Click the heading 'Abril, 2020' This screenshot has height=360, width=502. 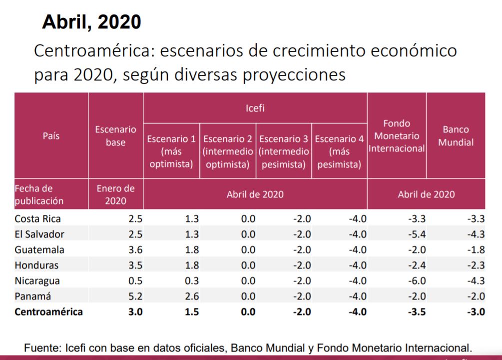tap(91, 21)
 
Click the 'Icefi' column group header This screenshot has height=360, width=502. tap(255, 107)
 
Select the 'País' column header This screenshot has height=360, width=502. tap(51, 135)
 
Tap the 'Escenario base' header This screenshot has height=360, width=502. tap(115, 135)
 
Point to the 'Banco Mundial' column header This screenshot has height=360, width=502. tap(456, 135)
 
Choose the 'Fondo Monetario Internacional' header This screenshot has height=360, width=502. tap(397, 135)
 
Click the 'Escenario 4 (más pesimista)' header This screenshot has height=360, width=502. tap(339, 151)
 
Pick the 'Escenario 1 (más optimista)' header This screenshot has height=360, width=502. tap(171, 151)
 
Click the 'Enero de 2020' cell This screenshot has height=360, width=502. tap(115, 194)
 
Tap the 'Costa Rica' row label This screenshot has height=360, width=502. tap(38, 218)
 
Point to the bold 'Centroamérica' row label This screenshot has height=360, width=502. tap(48, 312)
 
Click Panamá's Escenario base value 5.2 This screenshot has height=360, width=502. tap(135, 296)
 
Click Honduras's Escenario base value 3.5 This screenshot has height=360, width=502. tap(135, 265)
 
